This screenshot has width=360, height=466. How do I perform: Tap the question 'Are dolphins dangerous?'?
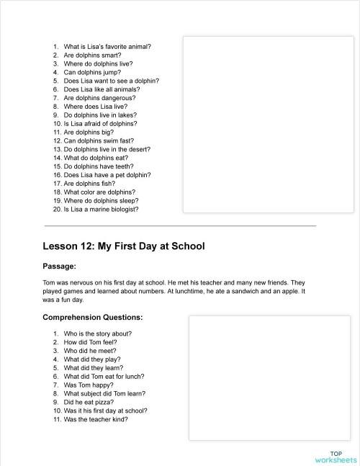99,98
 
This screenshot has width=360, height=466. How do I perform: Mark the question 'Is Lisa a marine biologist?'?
101,210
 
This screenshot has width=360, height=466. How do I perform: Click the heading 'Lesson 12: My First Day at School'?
124,246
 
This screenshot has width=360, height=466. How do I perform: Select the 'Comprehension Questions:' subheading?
92,317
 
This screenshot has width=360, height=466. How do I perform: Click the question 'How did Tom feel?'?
90,342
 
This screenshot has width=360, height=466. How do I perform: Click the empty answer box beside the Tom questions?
269,379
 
